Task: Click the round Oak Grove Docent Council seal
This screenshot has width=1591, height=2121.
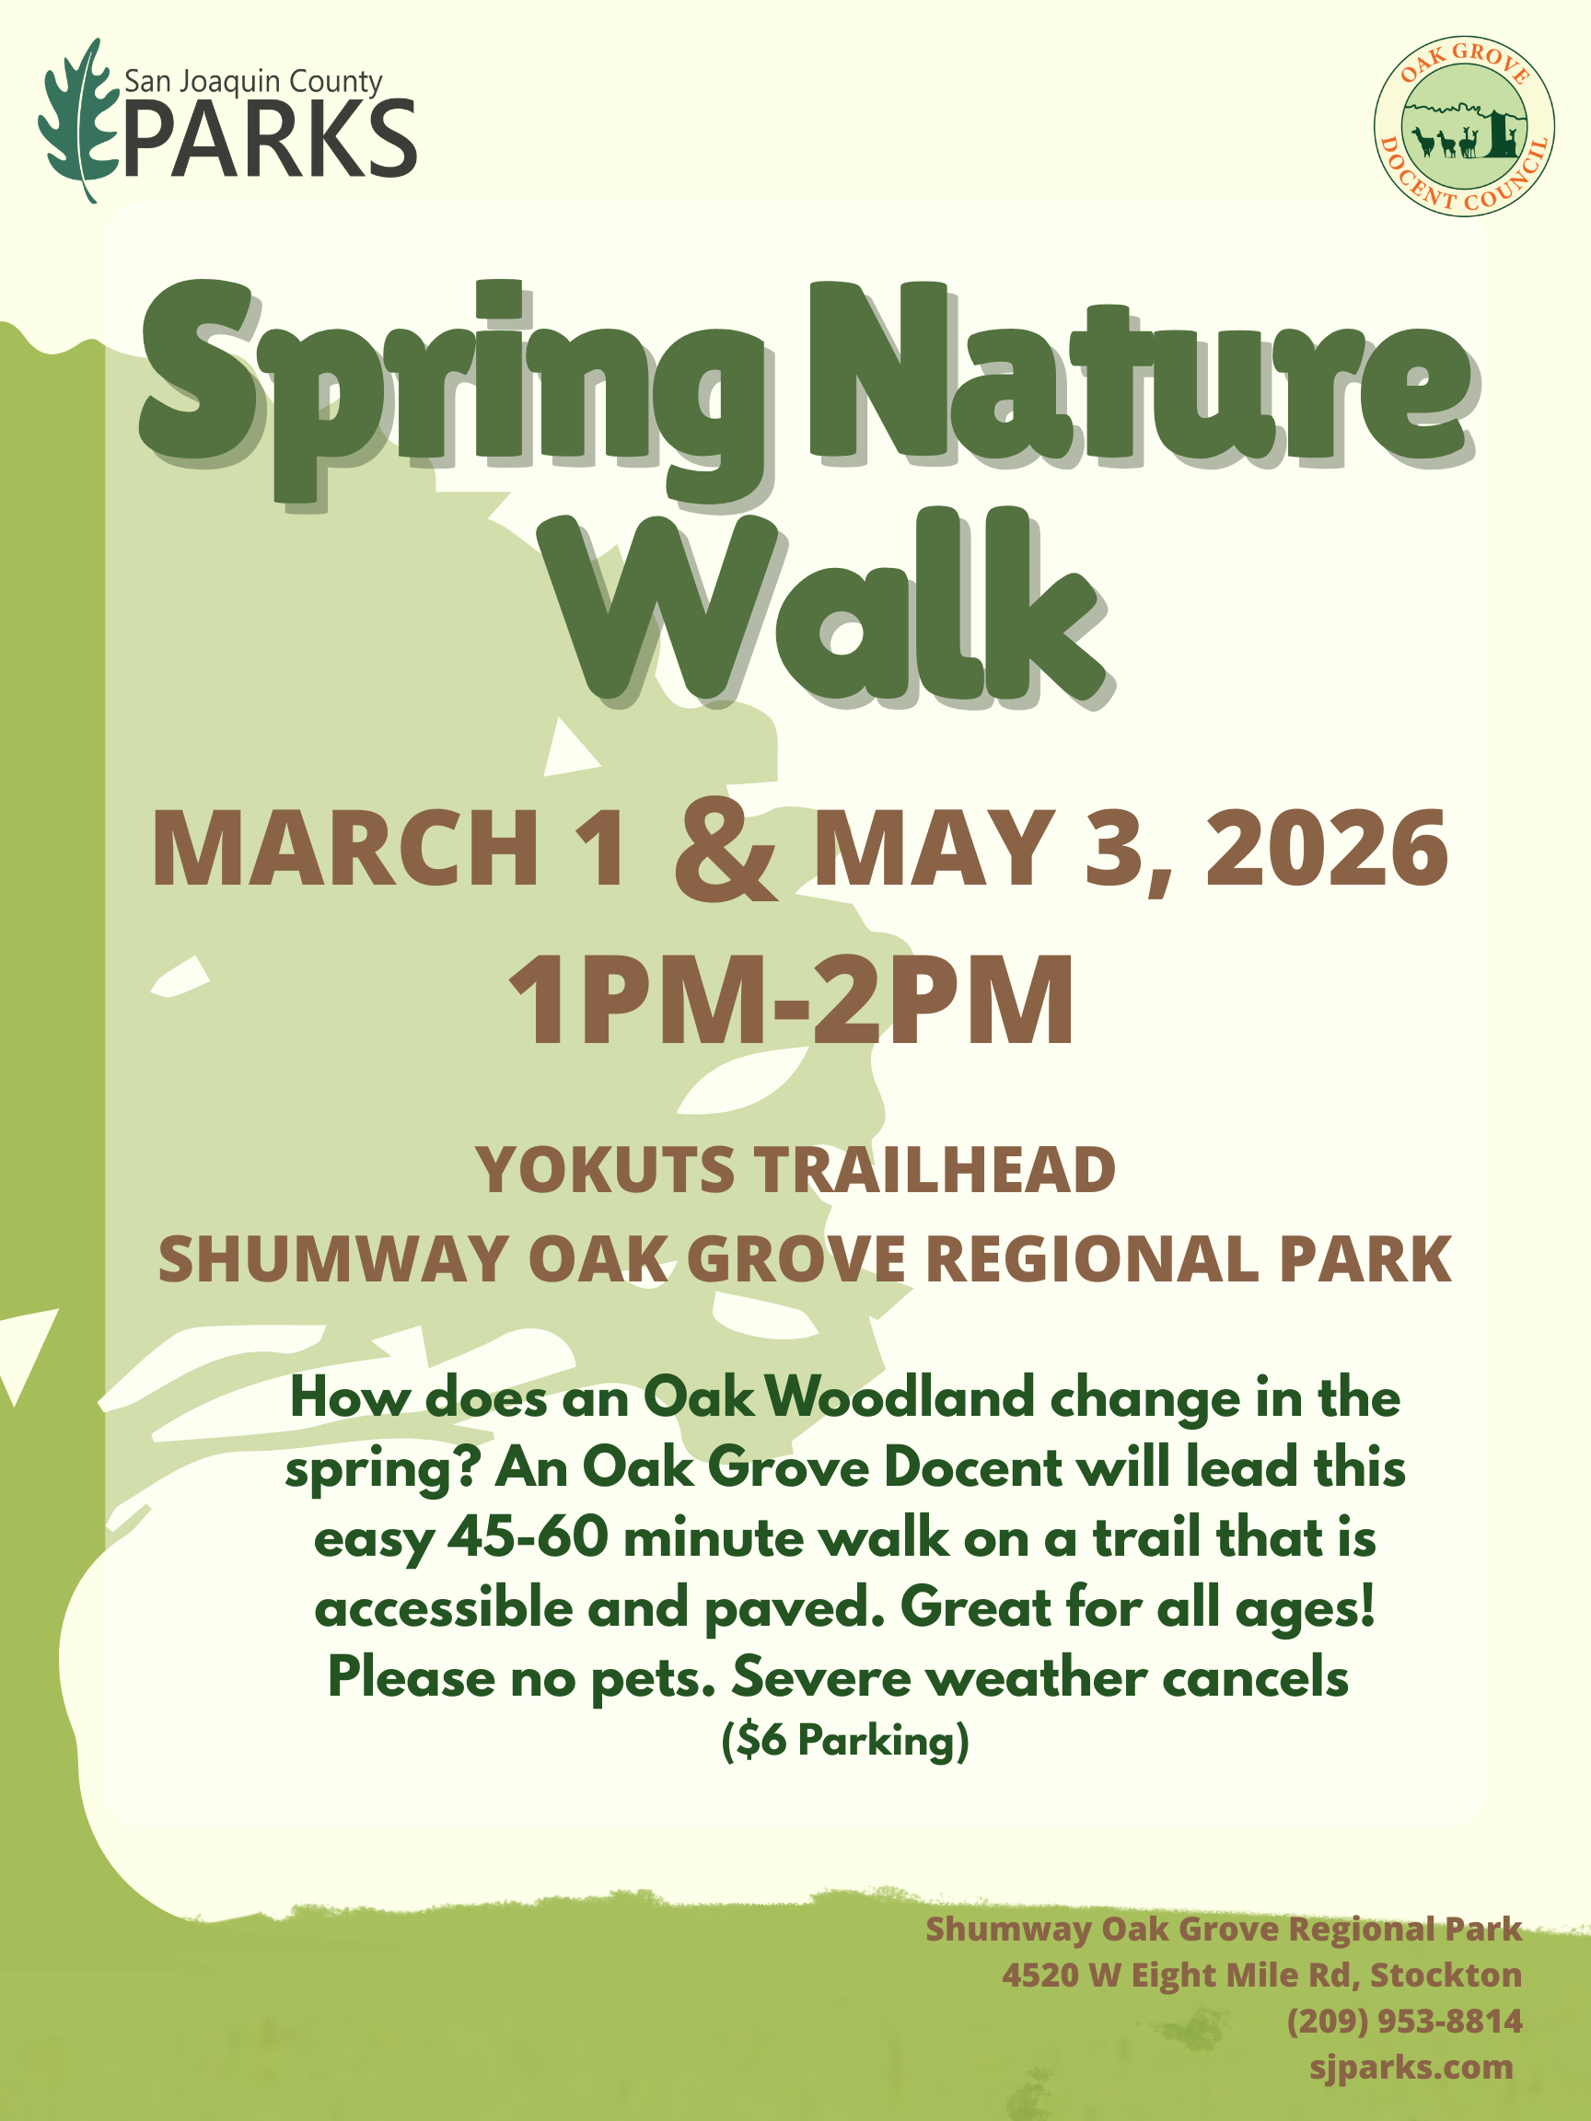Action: tap(1463, 125)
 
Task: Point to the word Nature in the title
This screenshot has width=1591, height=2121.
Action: tap(1141, 374)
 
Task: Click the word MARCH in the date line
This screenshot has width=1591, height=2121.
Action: tap(346, 850)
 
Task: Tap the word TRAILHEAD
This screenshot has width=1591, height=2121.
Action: tap(935, 1171)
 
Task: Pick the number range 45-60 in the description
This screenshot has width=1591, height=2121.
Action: tap(528, 1539)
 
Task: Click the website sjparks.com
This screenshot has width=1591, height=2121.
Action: tap(1411, 2068)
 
